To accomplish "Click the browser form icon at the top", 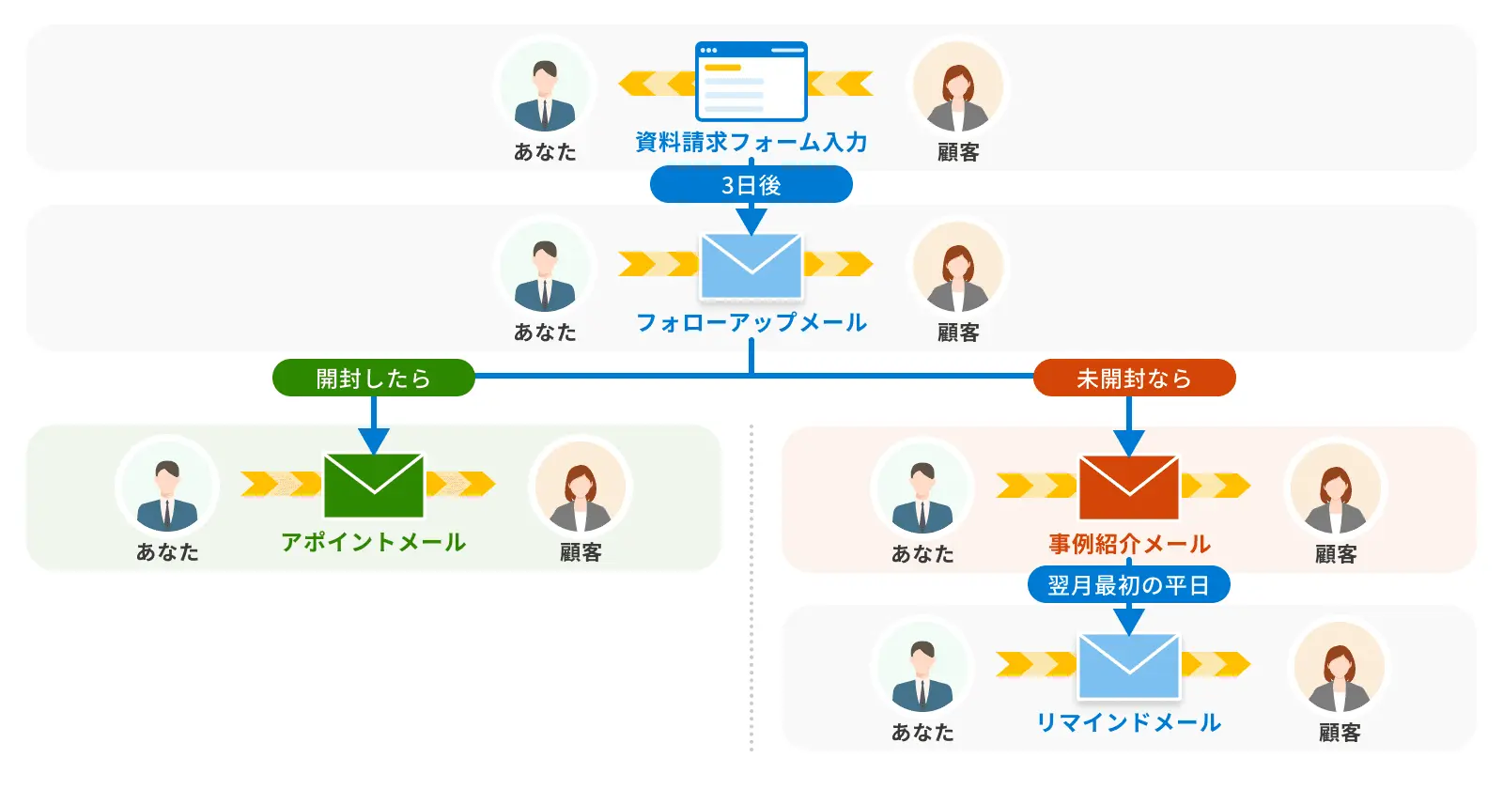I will (x=751, y=82).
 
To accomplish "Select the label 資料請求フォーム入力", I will (x=751, y=142).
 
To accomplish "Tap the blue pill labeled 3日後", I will (x=751, y=185).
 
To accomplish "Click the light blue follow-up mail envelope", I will (x=751, y=266).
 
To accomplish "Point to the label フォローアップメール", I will (x=751, y=323).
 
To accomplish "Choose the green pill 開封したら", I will (x=373, y=378).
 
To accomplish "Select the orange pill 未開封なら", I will (x=1134, y=378).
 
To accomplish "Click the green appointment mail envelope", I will (x=373, y=486).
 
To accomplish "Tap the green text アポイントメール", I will (x=373, y=542).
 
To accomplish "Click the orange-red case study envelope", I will (x=1128, y=487).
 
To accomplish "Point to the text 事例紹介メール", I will (x=1128, y=544).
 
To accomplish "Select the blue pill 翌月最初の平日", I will (x=1128, y=585).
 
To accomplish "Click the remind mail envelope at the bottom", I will (x=1128, y=666).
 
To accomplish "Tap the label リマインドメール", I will (x=1128, y=722).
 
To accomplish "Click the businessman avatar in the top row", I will (x=545, y=89).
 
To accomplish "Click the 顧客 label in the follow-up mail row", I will (x=958, y=333).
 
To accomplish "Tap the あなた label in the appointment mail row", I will (x=167, y=552).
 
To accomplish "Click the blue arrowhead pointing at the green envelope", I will (x=373, y=440).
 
